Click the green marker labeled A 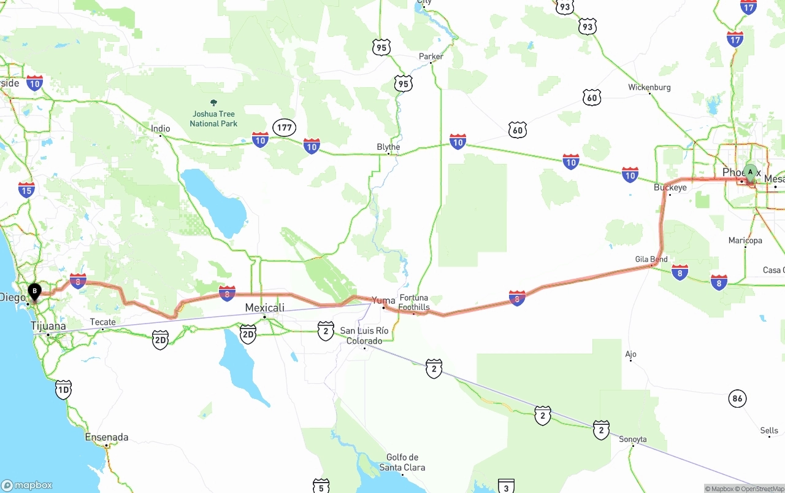pos(749,172)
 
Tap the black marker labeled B pos(35,291)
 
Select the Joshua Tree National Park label pos(213,118)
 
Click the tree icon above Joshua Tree pos(213,103)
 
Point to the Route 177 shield pos(285,128)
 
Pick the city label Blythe pos(388,147)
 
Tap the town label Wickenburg pos(649,87)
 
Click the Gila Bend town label pos(651,259)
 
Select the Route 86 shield pos(737,398)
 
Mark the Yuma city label pos(384,300)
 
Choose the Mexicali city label pos(264,308)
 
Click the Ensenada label pos(107,437)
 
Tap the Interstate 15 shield pos(26,190)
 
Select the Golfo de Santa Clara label pos(402,462)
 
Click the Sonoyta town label pos(632,439)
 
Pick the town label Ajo pos(630,354)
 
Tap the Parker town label pos(431,56)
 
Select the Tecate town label pos(102,322)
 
